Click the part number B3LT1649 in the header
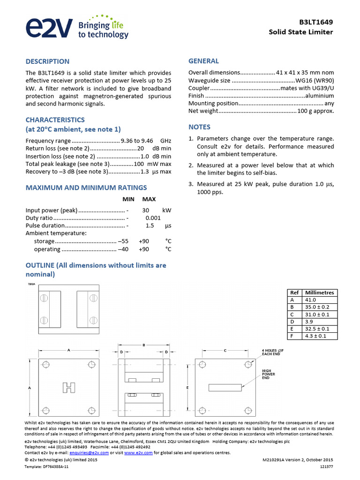(316, 22)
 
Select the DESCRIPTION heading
(47, 61)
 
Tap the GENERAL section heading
(203, 61)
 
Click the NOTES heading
(199, 127)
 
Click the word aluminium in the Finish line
(320, 96)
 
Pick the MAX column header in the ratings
(149, 199)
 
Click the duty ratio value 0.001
(153, 218)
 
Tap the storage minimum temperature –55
(123, 241)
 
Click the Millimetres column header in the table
(319, 292)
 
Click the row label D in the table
(292, 322)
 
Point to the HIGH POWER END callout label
(269, 374)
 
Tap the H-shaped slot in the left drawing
(69, 387)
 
